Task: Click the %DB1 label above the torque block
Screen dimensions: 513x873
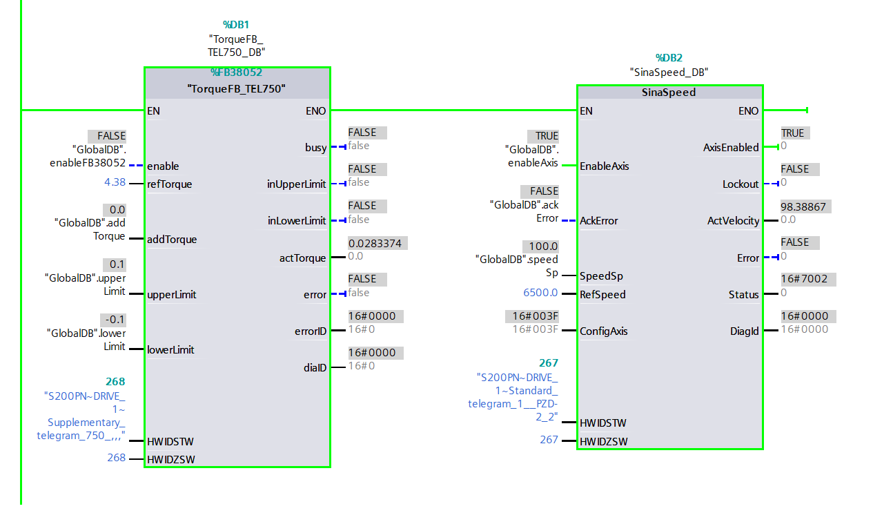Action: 236,25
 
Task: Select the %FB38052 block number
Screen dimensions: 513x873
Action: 236,72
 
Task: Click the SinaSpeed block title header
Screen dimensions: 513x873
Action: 669,92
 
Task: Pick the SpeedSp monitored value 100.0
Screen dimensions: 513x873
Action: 543,246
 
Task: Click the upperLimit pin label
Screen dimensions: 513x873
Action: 171,295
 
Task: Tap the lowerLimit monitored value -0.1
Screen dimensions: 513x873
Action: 113,320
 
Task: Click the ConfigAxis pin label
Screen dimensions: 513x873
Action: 603,331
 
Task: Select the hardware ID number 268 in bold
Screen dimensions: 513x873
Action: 115,381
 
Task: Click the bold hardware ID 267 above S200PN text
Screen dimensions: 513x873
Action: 549,362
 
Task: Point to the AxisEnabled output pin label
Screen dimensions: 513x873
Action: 730,147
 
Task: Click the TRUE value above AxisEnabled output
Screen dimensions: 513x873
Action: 792,133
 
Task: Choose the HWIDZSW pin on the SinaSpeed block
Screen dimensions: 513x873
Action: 603,441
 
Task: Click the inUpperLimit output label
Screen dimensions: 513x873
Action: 296,184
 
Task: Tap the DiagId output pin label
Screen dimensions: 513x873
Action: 744,331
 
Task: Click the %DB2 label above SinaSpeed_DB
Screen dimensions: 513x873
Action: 669,58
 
